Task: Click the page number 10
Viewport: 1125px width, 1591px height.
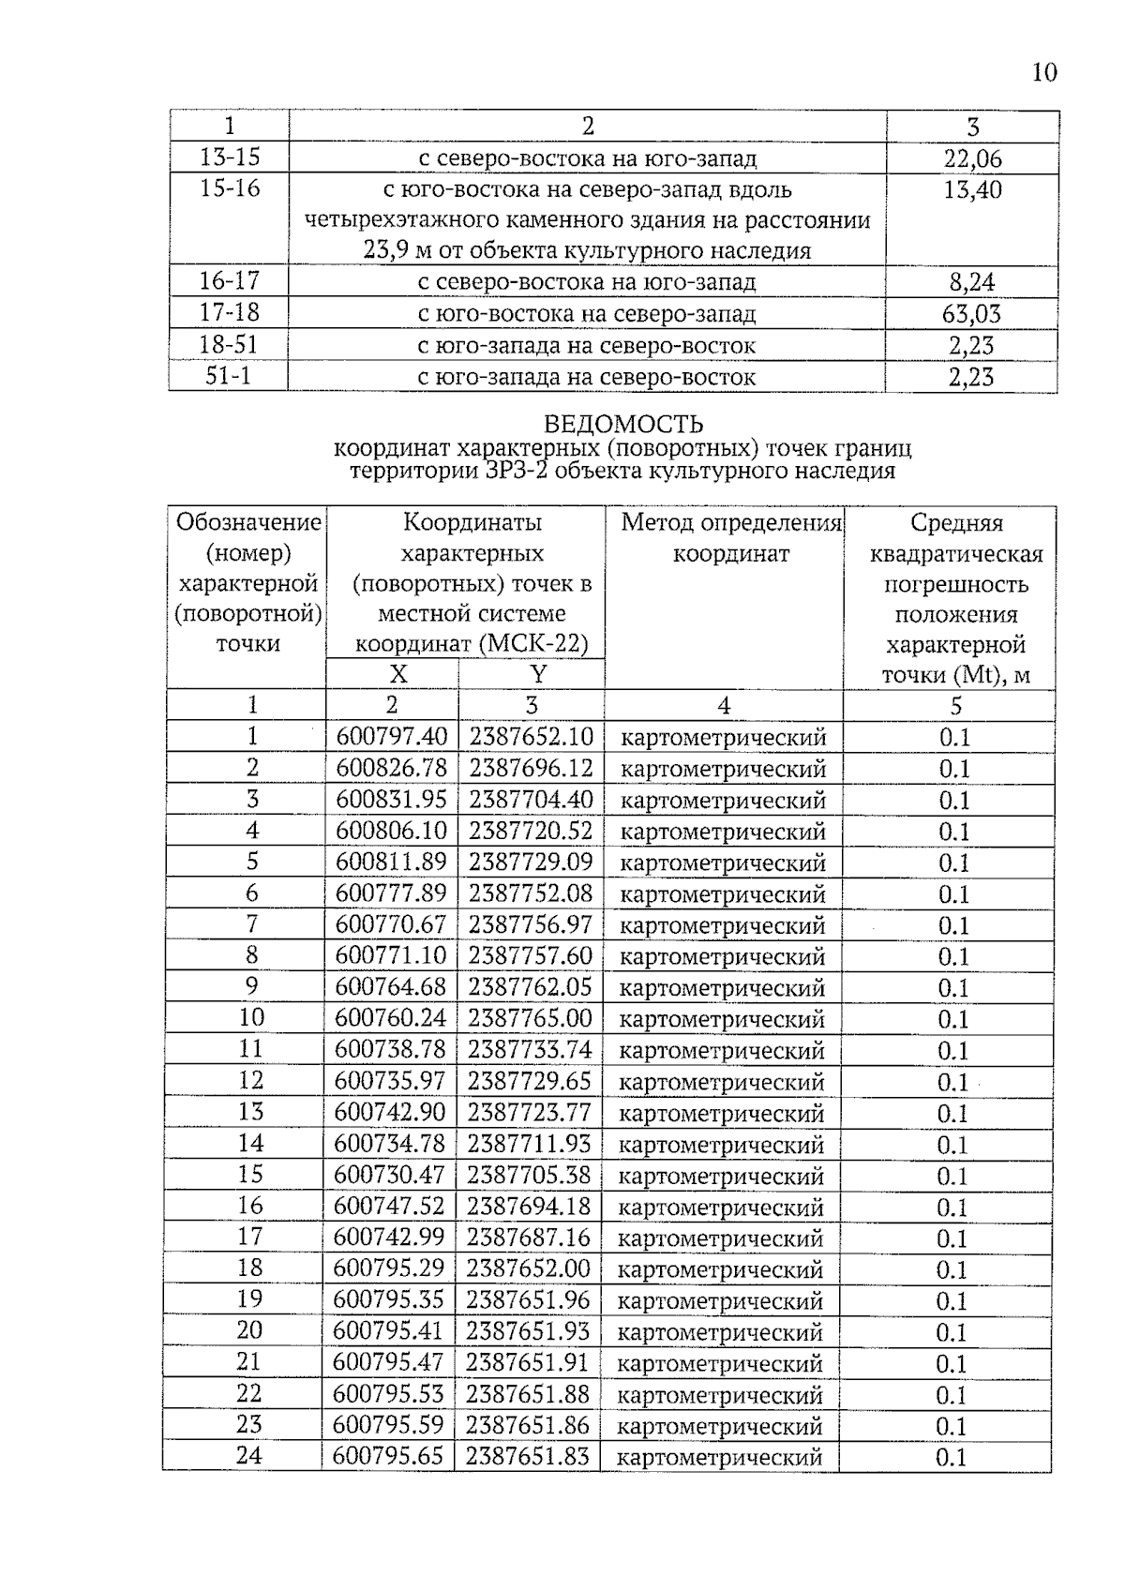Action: [1043, 72]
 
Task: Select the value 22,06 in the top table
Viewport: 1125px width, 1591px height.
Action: [972, 158]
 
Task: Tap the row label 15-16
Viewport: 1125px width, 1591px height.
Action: [229, 188]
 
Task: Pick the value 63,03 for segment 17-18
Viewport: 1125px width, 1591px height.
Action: [971, 314]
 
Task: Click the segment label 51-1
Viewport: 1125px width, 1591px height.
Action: [228, 377]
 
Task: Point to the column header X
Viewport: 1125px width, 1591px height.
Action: [397, 674]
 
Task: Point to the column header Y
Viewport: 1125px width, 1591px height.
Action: [537, 674]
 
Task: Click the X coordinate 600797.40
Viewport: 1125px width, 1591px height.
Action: [392, 737]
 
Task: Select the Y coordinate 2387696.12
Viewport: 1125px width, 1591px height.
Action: [531, 769]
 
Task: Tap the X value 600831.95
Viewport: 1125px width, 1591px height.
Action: [392, 800]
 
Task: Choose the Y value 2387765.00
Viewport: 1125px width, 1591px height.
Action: [530, 1018]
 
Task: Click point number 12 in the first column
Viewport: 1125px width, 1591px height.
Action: [250, 1080]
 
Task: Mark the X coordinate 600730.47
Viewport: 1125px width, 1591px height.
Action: [390, 1175]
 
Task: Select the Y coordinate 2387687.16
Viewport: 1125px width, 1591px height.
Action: [529, 1238]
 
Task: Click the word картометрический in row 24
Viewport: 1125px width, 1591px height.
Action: [719, 1457]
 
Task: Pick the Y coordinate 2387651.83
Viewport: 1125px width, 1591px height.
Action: [528, 1456]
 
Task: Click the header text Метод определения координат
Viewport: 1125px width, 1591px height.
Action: [730, 538]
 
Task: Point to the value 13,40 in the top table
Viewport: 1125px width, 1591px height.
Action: [972, 190]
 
